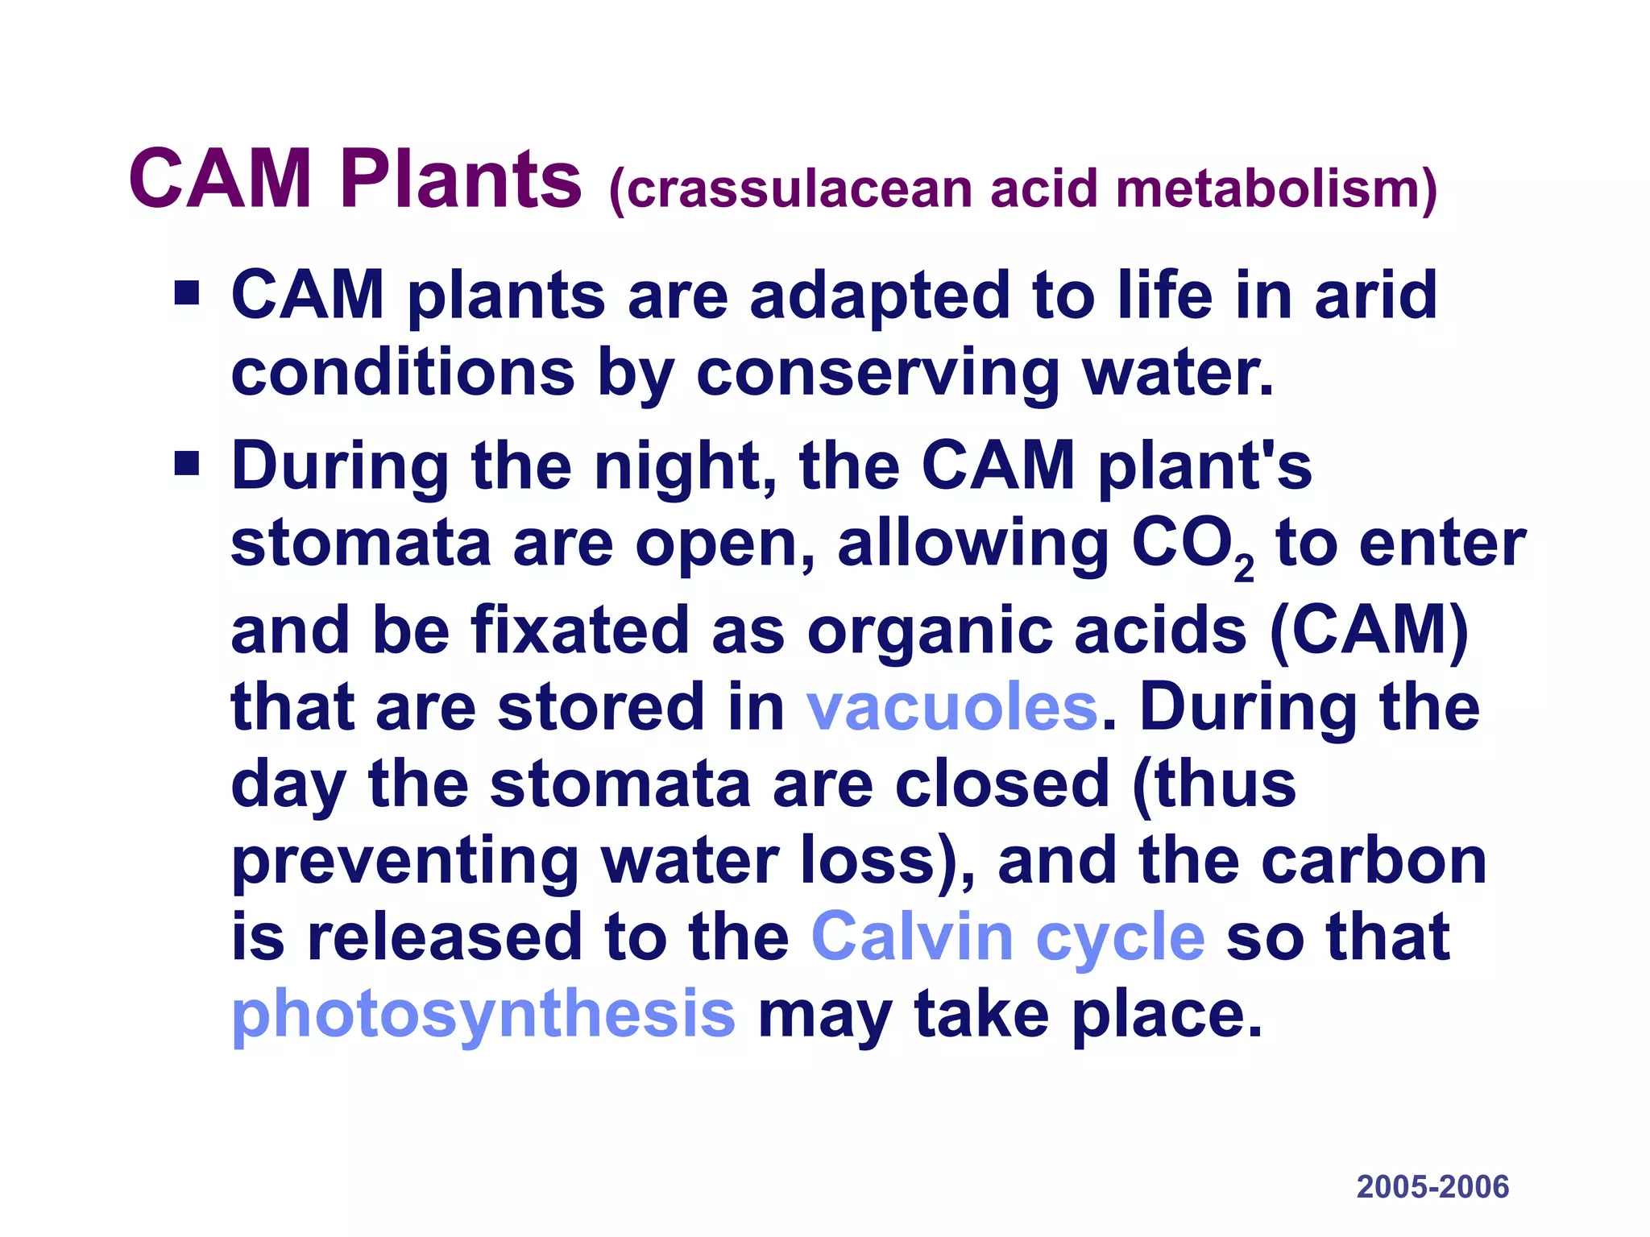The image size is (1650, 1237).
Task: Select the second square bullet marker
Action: click(187, 463)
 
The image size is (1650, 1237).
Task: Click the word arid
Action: click(1375, 295)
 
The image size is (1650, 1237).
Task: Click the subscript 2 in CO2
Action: click(1244, 569)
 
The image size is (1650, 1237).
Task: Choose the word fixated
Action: click(580, 630)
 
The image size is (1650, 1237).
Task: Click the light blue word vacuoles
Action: click(952, 707)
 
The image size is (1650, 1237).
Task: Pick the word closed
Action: click(1002, 784)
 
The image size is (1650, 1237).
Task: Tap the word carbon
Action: click(1374, 860)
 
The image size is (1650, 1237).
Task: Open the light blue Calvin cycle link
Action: click(1008, 937)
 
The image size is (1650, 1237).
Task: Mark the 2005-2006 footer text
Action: click(1432, 1187)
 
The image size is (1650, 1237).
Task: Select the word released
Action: click(445, 937)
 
